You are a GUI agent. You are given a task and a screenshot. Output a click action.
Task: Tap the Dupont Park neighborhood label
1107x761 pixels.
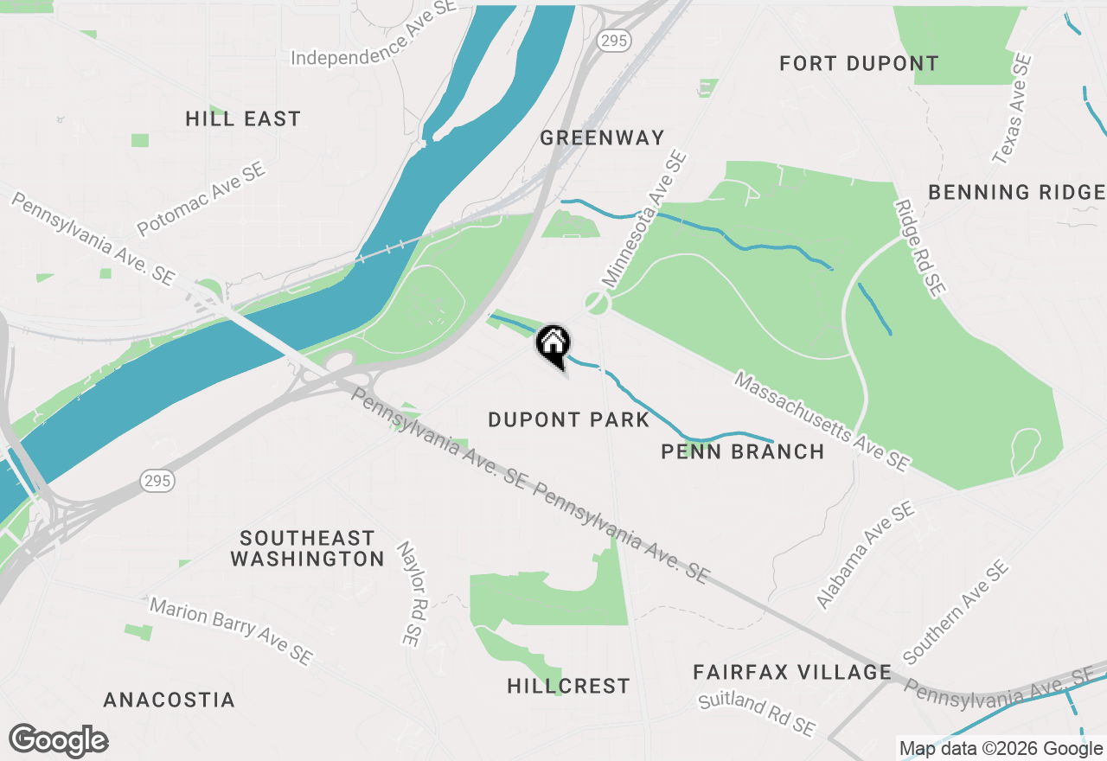[568, 420]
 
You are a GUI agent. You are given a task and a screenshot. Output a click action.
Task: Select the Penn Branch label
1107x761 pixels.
[742, 451]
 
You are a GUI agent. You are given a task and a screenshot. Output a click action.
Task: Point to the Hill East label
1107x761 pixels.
[243, 118]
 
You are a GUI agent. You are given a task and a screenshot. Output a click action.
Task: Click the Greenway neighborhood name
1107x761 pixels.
[602, 137]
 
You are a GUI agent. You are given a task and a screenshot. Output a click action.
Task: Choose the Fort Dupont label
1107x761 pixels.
[859, 63]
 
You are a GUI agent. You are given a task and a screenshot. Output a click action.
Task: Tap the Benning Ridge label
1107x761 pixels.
[1016, 192]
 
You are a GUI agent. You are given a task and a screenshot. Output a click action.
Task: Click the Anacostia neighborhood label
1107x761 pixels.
[169, 700]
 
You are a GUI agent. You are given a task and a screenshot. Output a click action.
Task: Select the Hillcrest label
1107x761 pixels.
[568, 687]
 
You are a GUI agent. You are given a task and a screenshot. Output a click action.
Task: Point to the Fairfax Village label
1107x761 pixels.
[792, 672]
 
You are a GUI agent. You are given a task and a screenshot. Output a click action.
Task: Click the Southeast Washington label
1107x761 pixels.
[307, 548]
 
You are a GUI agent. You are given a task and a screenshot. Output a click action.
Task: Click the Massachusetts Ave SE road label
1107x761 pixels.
[822, 422]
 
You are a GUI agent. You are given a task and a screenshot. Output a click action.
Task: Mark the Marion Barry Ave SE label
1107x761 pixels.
[230, 631]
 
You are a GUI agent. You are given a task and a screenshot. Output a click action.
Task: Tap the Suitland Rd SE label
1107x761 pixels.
[757, 713]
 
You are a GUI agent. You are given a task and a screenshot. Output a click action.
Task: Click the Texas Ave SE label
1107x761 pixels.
[1013, 110]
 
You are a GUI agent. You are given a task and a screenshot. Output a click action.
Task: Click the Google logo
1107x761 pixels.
[58, 741]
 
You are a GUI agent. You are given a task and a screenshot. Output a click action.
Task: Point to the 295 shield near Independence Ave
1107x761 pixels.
[617, 41]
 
